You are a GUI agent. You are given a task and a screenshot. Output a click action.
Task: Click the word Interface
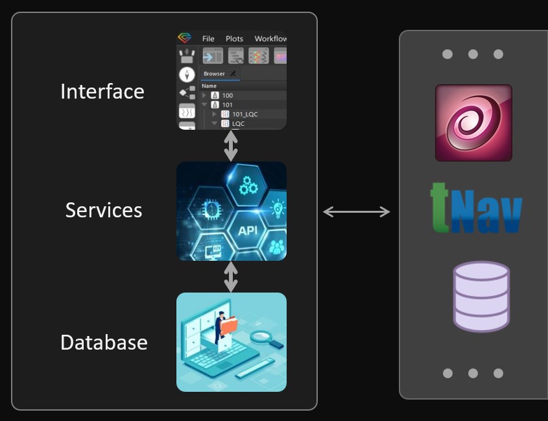(x=102, y=91)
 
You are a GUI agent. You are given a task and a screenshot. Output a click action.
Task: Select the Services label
(x=103, y=210)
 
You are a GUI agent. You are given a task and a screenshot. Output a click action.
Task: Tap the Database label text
(x=104, y=343)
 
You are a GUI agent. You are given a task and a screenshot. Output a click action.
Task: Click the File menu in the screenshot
(x=208, y=39)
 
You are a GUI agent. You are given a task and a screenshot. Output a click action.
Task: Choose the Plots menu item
(x=234, y=39)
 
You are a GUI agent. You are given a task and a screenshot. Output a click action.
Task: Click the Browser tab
(x=215, y=74)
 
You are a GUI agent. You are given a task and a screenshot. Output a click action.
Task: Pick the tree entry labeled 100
(x=227, y=95)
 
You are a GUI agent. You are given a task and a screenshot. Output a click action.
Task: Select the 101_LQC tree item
(x=244, y=114)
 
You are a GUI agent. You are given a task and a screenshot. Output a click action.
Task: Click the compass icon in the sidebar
(x=187, y=75)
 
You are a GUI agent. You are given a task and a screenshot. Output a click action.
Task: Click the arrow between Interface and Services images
(x=231, y=145)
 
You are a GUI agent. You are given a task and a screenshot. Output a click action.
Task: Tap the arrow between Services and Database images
(x=231, y=277)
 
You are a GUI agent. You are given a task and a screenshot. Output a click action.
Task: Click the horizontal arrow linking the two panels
(x=357, y=211)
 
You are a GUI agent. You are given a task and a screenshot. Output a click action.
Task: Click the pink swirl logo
(x=473, y=123)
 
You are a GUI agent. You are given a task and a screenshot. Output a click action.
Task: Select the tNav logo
(x=476, y=208)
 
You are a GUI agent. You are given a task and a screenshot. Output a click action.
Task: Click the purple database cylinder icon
(x=481, y=296)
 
